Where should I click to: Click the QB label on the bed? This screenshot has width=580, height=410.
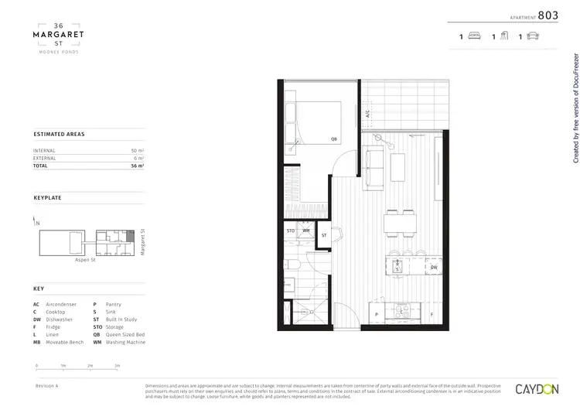[x=334, y=139]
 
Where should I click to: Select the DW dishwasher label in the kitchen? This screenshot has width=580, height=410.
[x=434, y=268]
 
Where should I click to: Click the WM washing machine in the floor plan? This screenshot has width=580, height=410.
[x=306, y=231]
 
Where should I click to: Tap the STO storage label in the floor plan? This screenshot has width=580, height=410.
[x=291, y=231]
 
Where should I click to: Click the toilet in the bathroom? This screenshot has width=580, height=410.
[x=295, y=267]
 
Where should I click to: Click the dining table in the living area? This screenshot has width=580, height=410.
[x=401, y=224]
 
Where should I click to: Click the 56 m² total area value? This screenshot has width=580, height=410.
[x=138, y=166]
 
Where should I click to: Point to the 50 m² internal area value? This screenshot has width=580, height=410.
[x=138, y=150]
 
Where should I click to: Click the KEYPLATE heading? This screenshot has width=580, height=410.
[x=47, y=198]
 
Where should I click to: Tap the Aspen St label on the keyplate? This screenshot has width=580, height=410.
[x=84, y=261]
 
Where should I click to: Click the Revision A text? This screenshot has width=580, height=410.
[x=47, y=384]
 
